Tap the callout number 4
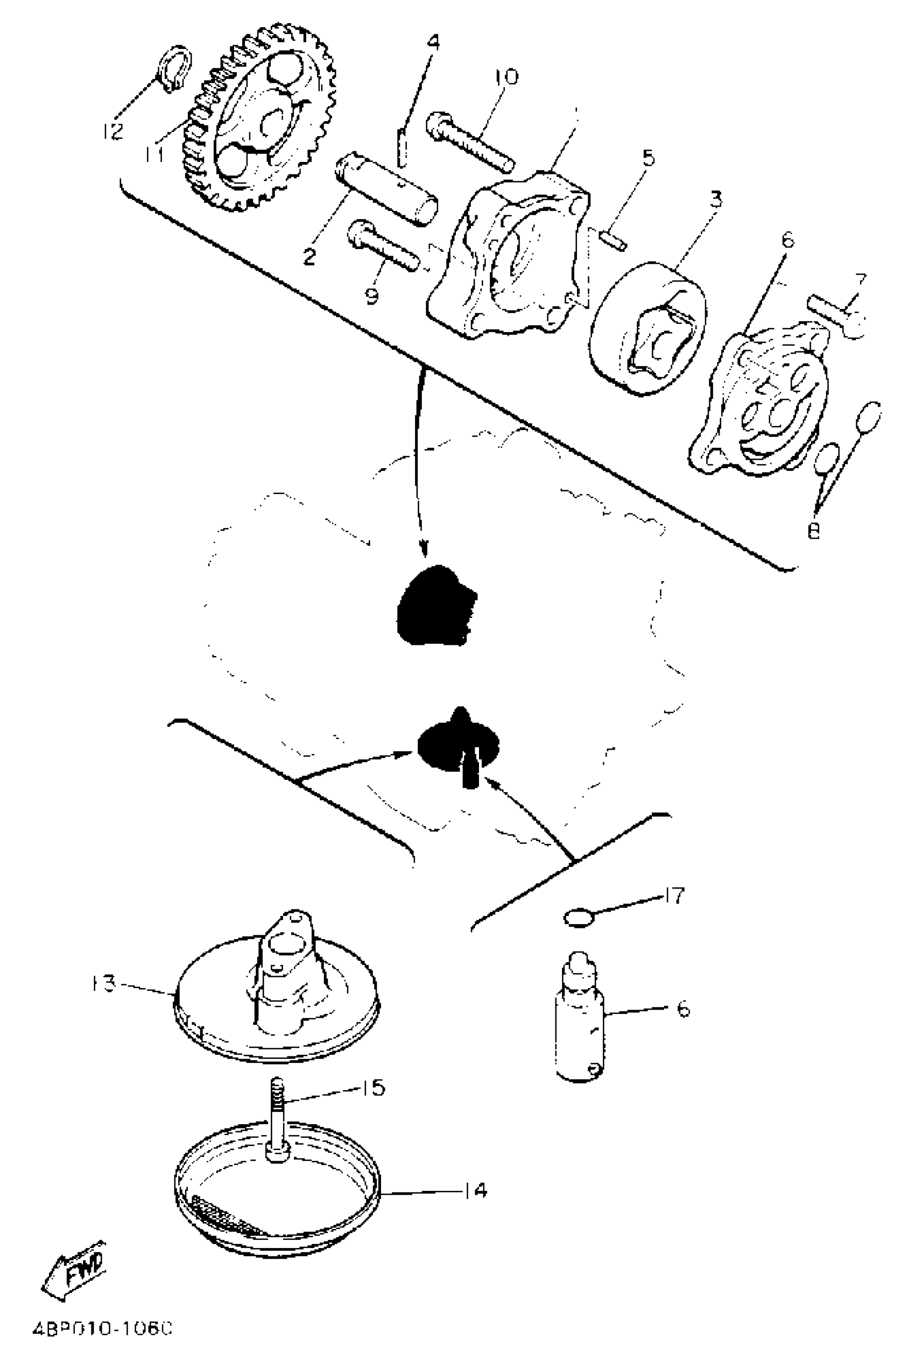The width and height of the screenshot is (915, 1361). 433,42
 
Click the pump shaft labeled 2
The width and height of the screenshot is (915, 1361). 388,189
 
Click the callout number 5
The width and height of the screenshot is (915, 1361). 649,159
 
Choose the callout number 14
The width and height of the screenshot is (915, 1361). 476,1190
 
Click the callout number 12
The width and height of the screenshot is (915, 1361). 112,131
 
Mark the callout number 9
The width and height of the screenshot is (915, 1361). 372,295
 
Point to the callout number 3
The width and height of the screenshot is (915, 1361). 715,199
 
